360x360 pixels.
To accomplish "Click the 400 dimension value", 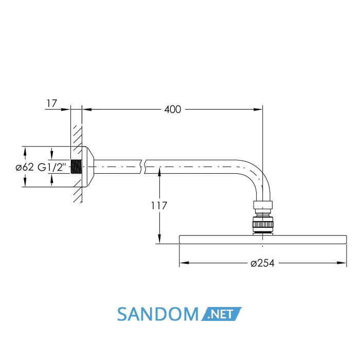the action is pyautogui.click(x=172, y=109).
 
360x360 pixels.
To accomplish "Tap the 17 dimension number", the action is pyautogui.click(x=51, y=103).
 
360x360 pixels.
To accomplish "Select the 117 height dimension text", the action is pyautogui.click(x=159, y=206).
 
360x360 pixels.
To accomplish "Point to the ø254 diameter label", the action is pyautogui.click(x=262, y=263).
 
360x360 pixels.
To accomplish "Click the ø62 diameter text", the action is pyautogui.click(x=25, y=167).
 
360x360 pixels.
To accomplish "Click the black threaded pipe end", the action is pyautogui.click(x=76, y=167).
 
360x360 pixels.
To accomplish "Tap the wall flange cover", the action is pyautogui.click(x=88, y=167).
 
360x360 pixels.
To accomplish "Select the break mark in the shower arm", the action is pyautogui.click(x=143, y=167).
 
